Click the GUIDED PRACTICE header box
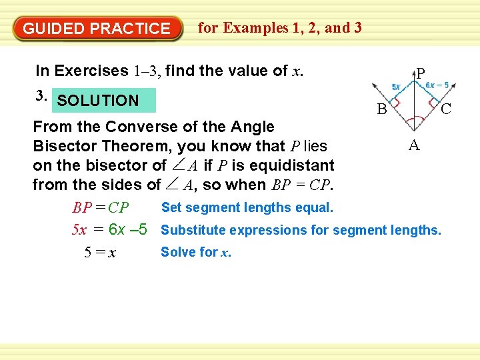[x=97, y=29]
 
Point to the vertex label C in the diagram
[x=447, y=109]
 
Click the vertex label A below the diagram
[x=414, y=145]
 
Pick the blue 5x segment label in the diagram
[x=396, y=87]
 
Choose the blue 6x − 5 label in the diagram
[x=438, y=85]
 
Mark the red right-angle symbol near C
[x=434, y=103]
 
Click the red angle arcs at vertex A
[x=414, y=121]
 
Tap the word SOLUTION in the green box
[x=98, y=101]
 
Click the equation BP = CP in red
[x=101, y=209]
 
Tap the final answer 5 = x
[x=101, y=253]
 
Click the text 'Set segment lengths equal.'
[x=247, y=207]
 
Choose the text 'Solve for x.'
[x=196, y=252]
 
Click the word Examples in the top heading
[x=256, y=28]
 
